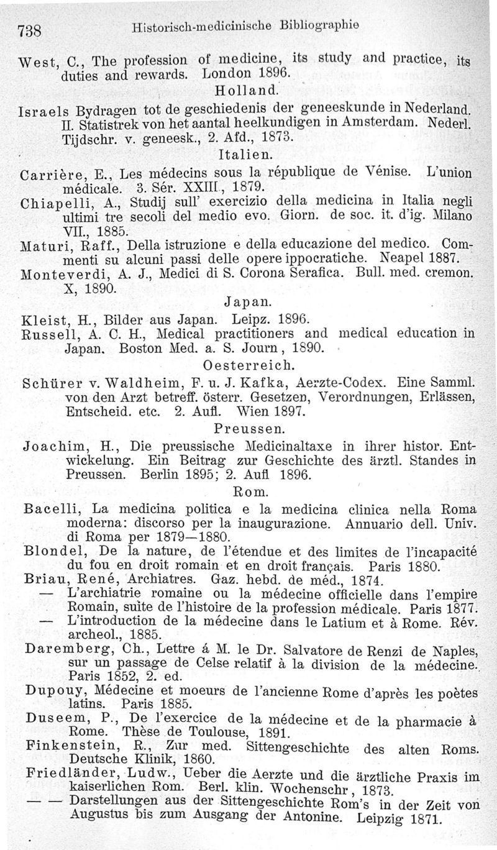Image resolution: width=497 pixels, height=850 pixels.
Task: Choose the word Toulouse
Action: pyautogui.click(x=188, y=731)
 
